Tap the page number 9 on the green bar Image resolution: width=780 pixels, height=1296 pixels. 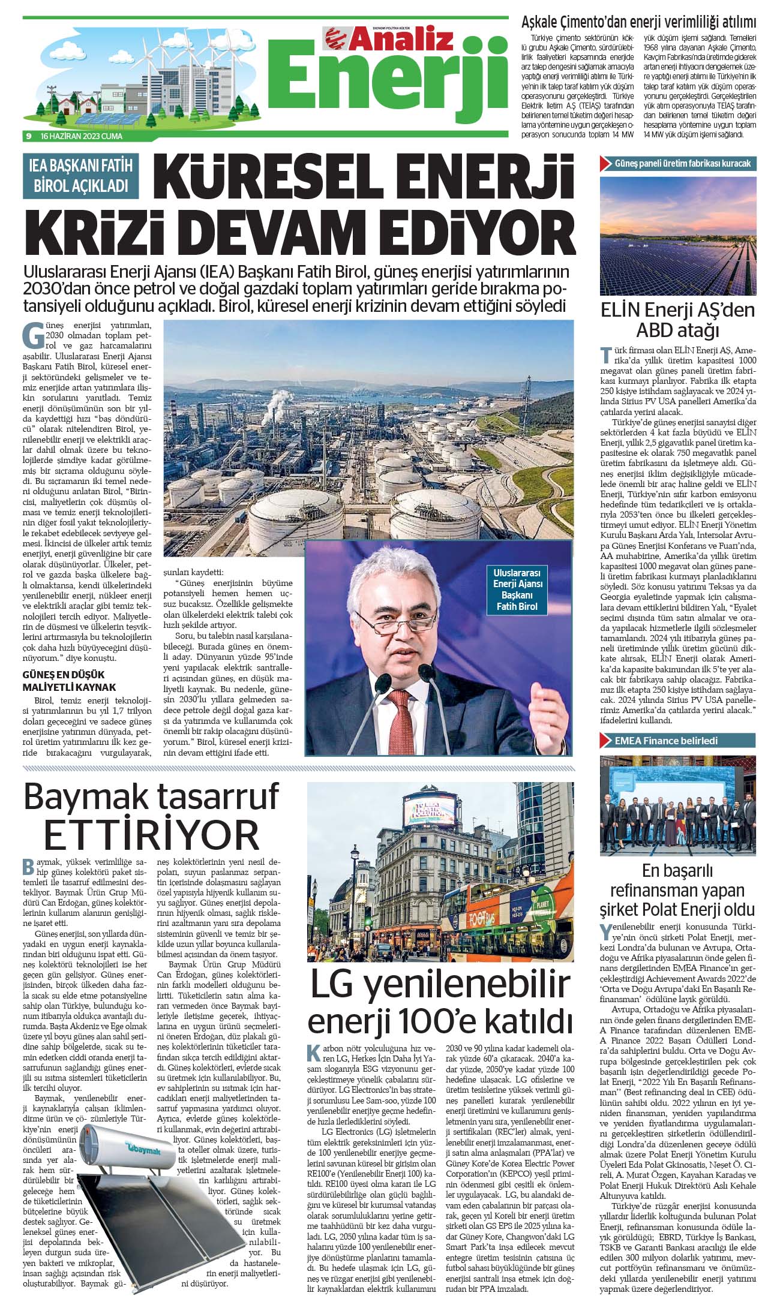[28, 136]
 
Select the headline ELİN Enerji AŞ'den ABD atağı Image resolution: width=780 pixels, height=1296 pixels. [677, 320]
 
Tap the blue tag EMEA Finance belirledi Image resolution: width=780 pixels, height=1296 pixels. [665, 741]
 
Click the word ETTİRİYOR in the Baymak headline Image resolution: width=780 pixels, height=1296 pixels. [151, 834]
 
